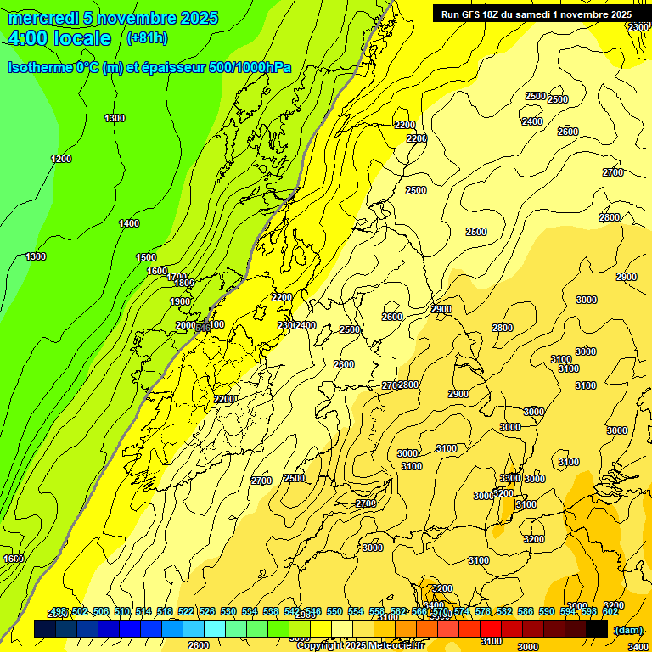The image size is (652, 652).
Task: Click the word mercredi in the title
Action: [x=43, y=19]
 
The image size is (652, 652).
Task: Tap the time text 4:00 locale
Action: [x=59, y=38]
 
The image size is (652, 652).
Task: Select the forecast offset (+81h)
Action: [x=147, y=38]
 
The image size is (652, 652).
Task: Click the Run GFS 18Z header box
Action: [x=536, y=14]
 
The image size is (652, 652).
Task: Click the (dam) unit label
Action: [x=627, y=629]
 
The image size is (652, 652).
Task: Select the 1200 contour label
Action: [x=61, y=159]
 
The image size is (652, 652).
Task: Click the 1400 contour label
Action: [x=129, y=223]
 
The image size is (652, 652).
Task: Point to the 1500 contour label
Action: [x=146, y=257]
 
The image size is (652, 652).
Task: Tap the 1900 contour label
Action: [x=180, y=301]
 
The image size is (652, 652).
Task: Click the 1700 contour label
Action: [x=177, y=277]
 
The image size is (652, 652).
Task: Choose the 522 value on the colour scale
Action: [x=186, y=611]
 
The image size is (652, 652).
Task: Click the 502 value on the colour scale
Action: [x=80, y=611]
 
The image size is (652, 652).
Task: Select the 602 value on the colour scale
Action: [x=610, y=611]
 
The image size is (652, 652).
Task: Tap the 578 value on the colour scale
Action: [x=483, y=611]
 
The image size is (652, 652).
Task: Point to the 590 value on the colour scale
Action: [x=547, y=611]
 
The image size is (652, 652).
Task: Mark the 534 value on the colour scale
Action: [x=250, y=611]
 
